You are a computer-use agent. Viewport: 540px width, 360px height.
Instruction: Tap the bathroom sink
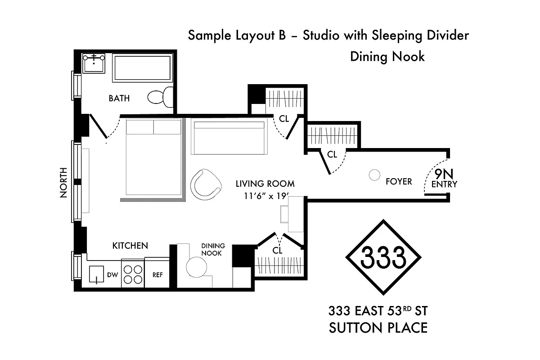click(94, 63)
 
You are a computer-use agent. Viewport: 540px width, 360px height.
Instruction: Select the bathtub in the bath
click(141, 68)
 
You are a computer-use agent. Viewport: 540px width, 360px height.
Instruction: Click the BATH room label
click(119, 98)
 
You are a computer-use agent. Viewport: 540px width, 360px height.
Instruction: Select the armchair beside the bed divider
click(206, 184)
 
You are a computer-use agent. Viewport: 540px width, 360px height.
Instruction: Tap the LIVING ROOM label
click(265, 184)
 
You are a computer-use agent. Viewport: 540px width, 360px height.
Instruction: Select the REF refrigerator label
click(157, 275)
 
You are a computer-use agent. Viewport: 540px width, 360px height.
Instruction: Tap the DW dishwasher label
click(112, 275)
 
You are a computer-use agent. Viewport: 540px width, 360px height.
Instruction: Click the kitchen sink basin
click(96, 274)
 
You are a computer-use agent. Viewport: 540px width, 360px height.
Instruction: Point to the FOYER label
click(399, 181)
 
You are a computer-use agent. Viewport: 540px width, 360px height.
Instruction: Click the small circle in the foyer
click(374, 175)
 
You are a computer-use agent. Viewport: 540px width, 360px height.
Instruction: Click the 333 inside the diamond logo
click(383, 257)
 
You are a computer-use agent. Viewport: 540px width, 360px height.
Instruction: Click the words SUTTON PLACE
click(378, 328)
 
